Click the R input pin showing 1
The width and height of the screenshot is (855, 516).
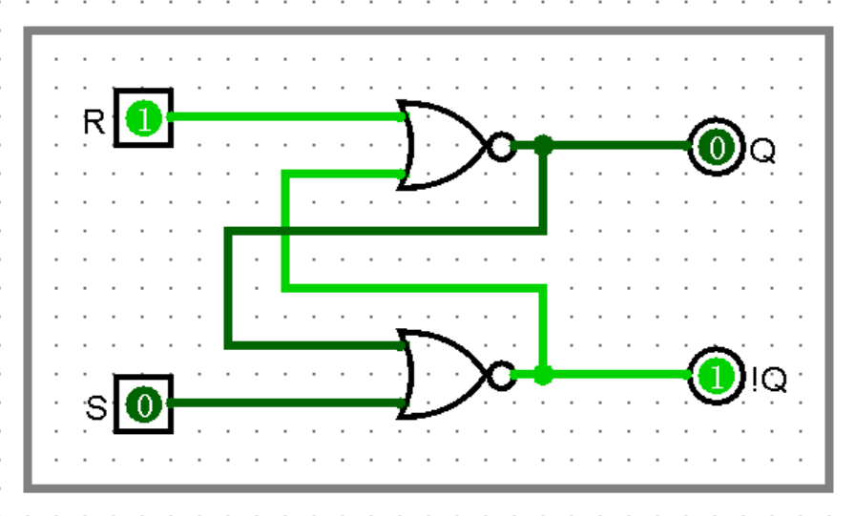click(x=143, y=118)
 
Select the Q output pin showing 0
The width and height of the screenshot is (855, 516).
click(x=715, y=147)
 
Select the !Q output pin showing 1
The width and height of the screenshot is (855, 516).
click(x=715, y=376)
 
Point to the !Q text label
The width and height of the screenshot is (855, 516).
click(x=770, y=381)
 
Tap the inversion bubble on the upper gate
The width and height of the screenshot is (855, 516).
click(x=499, y=147)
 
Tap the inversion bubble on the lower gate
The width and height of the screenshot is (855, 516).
click(x=499, y=376)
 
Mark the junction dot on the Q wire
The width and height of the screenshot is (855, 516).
click(x=543, y=146)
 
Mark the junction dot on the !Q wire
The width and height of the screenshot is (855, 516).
click(x=543, y=376)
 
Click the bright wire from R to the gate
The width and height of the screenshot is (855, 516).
click(x=286, y=117)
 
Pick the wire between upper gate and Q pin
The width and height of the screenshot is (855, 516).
click(x=620, y=146)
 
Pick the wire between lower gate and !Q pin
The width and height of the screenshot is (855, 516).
click(x=620, y=375)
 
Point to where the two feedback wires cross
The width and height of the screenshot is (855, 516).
click(x=285, y=231)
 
